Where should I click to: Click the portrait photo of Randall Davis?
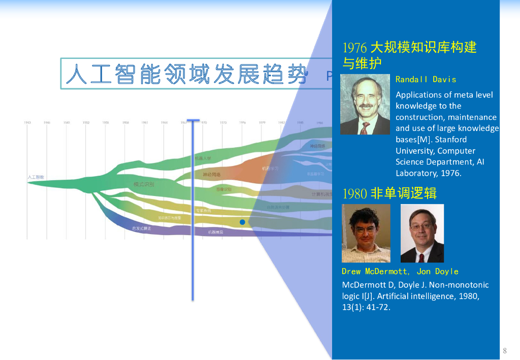point(366,105)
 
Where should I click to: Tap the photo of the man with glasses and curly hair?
point(366,233)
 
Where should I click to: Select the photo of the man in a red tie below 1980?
point(422,233)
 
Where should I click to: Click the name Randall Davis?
point(426,79)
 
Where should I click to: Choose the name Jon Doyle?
point(437,272)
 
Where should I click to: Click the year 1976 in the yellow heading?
point(355,48)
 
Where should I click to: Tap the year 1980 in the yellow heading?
point(355,193)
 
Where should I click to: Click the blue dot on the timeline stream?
point(242,222)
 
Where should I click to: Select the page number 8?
point(505,351)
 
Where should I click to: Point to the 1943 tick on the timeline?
point(27,123)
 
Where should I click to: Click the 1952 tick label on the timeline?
point(86,123)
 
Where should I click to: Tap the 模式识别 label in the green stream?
point(144,184)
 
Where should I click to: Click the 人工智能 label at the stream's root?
point(36,177)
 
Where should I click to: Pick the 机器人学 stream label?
point(203,158)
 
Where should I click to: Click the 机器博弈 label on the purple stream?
point(215,232)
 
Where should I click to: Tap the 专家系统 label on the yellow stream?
point(204,211)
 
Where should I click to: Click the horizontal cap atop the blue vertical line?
point(193,121)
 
